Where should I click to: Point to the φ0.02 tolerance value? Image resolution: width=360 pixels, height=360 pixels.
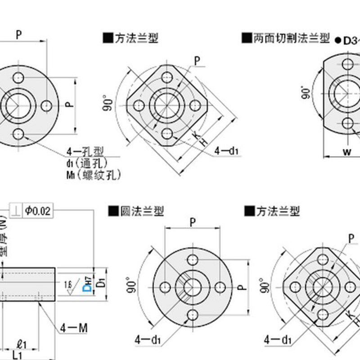coord(38,210)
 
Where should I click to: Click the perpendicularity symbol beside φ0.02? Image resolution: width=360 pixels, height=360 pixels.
coord(16,210)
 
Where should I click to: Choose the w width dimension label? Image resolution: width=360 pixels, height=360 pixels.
coord(346,152)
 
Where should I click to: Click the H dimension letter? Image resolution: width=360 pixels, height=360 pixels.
coord(203,141)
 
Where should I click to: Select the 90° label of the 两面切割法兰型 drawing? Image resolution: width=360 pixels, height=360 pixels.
coord(306,92)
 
